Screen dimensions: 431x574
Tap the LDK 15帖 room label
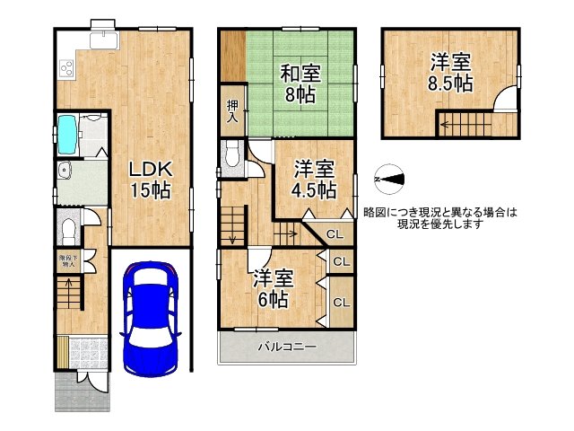point(148,179)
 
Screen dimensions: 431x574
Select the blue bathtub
point(68,134)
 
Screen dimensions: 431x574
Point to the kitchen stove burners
point(66,68)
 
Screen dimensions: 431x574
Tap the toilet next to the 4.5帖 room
point(232,158)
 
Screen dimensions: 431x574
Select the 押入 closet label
point(231,110)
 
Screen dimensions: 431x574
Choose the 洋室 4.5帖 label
point(315,180)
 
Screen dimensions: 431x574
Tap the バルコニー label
point(287,346)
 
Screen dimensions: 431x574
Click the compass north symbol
point(390,180)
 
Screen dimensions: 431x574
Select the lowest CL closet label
point(341,303)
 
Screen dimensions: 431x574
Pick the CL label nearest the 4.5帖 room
point(334,234)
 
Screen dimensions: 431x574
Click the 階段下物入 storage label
point(69,262)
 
